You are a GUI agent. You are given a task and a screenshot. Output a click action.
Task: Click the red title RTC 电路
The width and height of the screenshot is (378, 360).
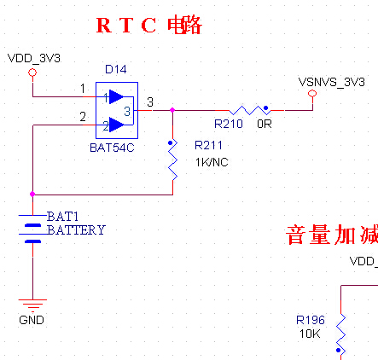149,26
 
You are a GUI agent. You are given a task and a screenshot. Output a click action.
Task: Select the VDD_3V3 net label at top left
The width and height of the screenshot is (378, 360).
34,58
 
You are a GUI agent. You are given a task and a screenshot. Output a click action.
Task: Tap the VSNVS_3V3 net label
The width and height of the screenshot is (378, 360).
331,82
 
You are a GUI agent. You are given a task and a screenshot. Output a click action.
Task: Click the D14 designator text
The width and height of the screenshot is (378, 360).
116,69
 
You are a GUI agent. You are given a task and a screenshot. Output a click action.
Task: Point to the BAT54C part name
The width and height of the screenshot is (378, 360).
112,148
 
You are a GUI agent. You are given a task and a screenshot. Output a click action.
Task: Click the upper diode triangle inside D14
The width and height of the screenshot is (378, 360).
116,96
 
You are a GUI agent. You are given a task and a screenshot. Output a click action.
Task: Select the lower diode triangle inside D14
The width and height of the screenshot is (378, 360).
116,125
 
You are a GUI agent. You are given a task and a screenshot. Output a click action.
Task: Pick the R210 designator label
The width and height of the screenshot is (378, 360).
229,124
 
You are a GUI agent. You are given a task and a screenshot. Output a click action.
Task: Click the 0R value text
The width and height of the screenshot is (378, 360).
265,124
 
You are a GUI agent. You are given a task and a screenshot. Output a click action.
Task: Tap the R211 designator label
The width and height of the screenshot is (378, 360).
208,145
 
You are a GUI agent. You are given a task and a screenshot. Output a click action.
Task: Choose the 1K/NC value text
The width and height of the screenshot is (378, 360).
212,162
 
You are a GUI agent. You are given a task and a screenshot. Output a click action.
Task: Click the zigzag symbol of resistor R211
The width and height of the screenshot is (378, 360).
173,160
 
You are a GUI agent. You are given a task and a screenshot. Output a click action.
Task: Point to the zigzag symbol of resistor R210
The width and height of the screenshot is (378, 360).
250,110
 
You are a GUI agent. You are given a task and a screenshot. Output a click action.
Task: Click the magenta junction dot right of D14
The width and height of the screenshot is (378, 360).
172,110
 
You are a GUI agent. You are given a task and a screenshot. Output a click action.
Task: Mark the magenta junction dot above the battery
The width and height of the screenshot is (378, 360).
32,195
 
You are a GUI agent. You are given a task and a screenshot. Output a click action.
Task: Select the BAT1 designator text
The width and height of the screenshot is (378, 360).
62,217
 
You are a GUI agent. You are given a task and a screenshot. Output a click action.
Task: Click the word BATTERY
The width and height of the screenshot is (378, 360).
76,230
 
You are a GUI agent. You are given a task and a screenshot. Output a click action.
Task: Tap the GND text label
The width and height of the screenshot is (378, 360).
32,320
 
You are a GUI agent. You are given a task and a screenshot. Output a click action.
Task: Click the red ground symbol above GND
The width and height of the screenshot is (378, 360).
32,305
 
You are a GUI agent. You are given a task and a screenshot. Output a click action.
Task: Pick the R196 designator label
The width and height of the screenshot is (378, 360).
311,320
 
